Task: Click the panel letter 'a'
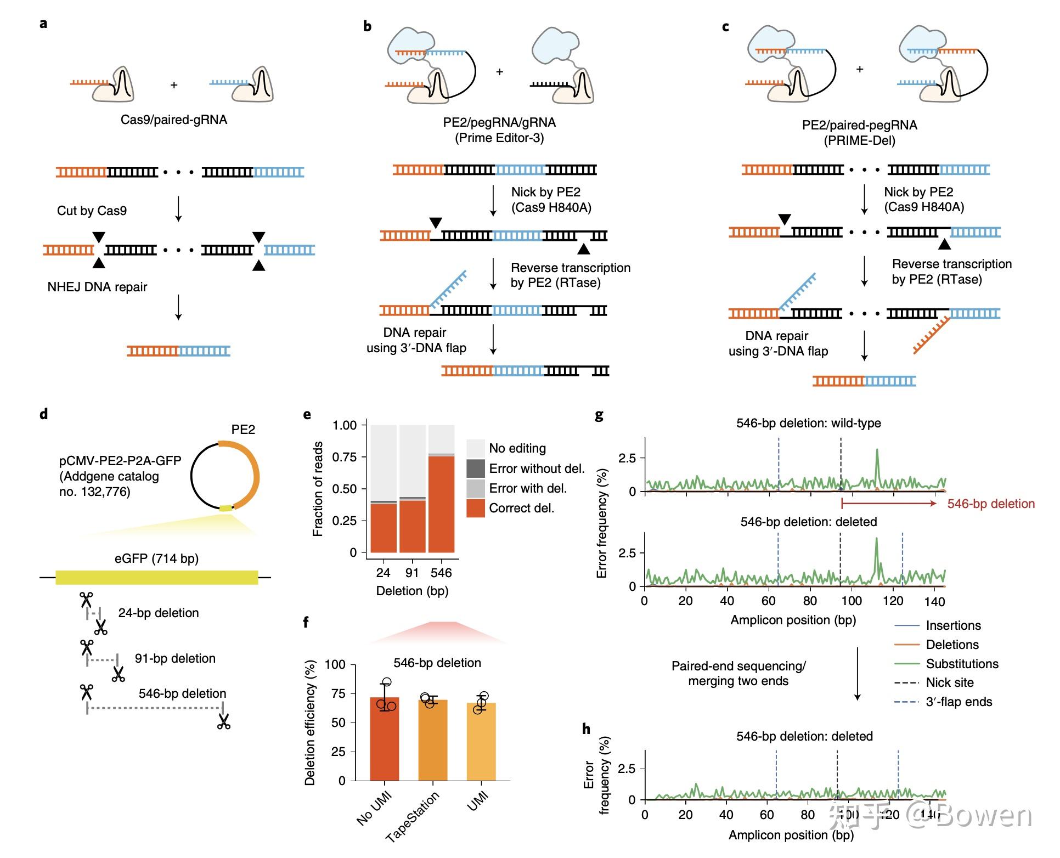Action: (43, 24)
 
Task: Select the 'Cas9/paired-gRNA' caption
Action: (173, 120)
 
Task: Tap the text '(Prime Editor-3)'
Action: (499, 138)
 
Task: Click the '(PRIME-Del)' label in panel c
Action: (859, 140)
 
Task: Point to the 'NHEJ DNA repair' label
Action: (97, 287)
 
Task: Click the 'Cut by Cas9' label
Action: (92, 211)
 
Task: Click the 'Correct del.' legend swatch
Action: (475, 508)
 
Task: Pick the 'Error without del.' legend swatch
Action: (475, 468)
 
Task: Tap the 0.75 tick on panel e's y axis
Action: (345, 457)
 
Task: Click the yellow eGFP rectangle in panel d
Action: (156, 577)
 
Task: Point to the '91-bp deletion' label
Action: (175, 658)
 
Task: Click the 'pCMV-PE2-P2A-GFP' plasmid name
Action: (120, 461)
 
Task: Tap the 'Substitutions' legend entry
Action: (962, 664)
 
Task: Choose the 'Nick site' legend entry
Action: (950, 682)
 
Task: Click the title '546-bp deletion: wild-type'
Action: (808, 423)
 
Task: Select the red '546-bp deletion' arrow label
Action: (990, 504)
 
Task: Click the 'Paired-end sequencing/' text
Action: (738, 666)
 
